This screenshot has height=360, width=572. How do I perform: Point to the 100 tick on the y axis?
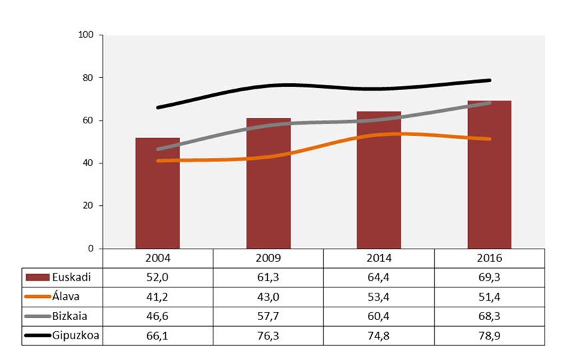pos(86,35)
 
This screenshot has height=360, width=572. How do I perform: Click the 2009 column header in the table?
pos(268,258)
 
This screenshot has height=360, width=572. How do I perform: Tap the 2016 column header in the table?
pos(489,258)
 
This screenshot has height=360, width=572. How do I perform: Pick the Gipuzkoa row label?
pos(76,335)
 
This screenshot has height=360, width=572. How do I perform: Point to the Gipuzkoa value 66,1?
pos(157,335)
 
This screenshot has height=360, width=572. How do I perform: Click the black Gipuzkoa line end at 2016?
pos(489,80)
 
